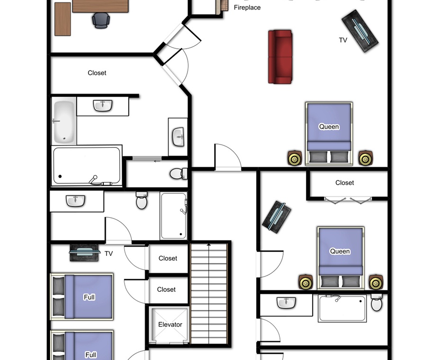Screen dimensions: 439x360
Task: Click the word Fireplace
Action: point(247,8)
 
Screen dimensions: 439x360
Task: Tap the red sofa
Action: point(280,57)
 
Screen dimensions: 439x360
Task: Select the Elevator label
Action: point(170,324)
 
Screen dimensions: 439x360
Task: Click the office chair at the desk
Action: point(101,20)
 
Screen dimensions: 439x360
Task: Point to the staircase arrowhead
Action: point(208,245)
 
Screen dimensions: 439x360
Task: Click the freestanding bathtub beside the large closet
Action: point(64,121)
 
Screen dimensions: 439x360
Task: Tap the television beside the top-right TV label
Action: point(360,31)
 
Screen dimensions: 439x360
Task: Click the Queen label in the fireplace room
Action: point(329,127)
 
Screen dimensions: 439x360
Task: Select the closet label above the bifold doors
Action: point(344,183)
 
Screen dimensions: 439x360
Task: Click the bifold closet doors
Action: point(348,200)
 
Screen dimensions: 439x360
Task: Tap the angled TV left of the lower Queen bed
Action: point(277,217)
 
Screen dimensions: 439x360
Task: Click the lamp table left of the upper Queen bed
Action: point(295,158)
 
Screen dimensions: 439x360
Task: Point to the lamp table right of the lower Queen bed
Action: point(376,282)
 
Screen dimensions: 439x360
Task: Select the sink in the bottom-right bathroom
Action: point(286,303)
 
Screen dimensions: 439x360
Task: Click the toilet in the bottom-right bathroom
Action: point(376,302)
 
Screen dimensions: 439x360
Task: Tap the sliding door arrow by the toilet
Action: point(157,161)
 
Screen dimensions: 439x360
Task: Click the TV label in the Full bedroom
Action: point(108,253)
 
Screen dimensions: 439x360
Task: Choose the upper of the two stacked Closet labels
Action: point(168,258)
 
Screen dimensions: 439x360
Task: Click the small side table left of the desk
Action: point(63,19)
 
